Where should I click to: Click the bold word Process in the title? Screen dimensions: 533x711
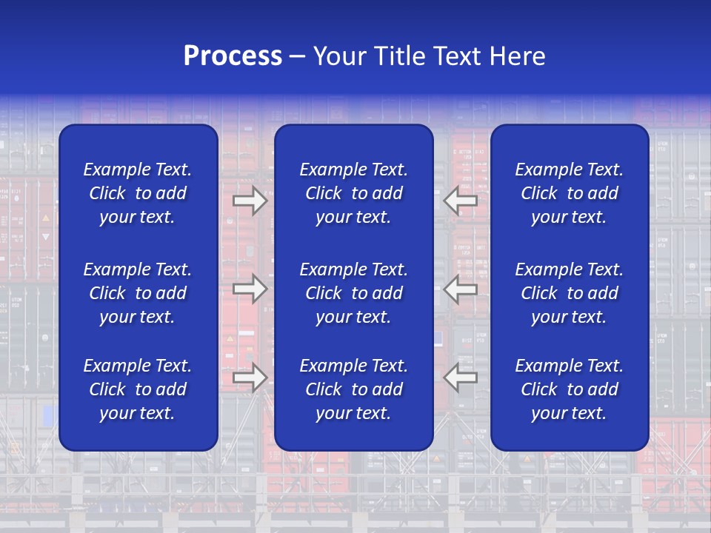tap(233, 56)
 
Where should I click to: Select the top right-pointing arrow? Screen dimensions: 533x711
tap(250, 201)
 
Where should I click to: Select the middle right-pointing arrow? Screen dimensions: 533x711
tap(250, 289)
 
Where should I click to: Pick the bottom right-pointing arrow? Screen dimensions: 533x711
tap(250, 378)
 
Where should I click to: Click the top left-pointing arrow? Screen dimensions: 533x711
tap(461, 200)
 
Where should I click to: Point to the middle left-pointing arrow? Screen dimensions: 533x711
tap(461, 289)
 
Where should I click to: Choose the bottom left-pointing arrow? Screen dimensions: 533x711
tap(461, 378)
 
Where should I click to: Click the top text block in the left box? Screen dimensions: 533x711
tap(138, 193)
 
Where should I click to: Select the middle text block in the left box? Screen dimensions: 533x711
tap(138, 293)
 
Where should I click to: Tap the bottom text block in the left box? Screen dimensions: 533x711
tap(138, 389)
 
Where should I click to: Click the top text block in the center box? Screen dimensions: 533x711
tap(353, 193)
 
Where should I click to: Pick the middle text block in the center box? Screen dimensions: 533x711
tap(353, 293)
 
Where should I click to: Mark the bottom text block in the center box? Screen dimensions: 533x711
tap(353, 389)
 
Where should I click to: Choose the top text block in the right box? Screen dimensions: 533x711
tap(569, 193)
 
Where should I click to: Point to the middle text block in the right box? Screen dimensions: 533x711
tap(569, 293)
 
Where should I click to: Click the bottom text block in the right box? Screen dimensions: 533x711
tap(569, 389)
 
